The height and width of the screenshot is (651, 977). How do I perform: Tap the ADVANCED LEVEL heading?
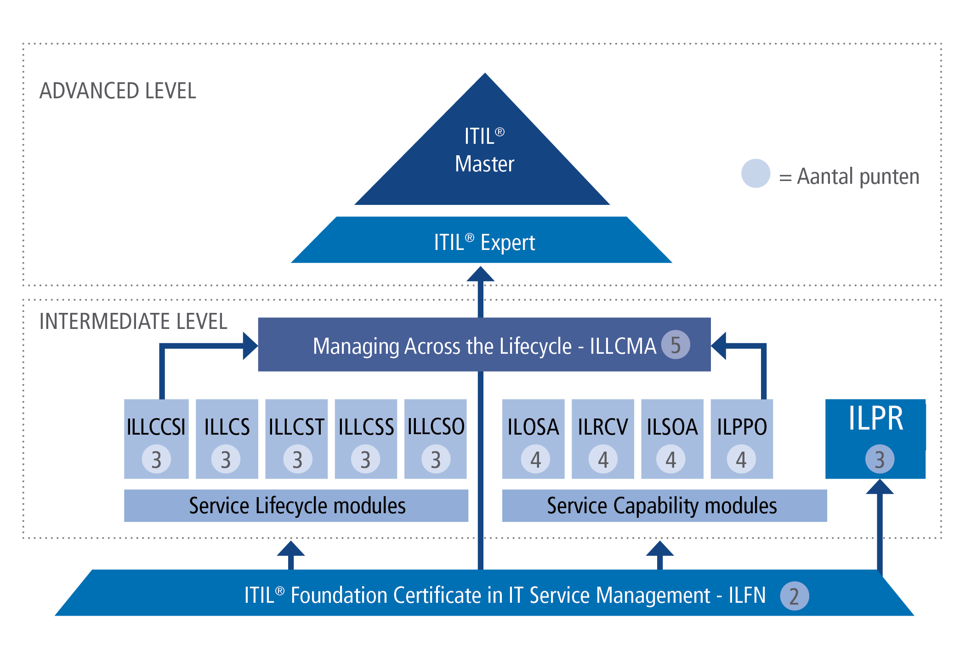118,91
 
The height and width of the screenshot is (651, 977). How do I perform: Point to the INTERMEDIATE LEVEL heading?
133,321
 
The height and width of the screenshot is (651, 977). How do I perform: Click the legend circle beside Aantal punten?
755,174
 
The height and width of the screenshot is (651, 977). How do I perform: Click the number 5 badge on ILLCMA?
675,345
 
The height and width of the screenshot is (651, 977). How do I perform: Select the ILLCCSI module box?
156,439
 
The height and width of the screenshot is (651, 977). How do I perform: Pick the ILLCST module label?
296,427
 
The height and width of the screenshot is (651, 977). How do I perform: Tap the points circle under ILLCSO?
436,459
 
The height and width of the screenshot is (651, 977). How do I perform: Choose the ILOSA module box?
533,439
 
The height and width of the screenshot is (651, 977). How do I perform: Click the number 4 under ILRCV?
603,459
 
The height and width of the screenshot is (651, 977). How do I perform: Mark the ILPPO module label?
742,427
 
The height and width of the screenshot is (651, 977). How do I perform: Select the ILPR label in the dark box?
875,419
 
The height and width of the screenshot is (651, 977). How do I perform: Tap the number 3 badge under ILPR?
880,459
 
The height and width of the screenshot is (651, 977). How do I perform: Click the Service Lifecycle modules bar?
296,505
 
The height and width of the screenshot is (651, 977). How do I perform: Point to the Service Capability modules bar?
664,505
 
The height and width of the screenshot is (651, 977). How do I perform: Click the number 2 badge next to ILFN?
794,596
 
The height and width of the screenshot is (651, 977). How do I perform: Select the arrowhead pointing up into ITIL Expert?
480,274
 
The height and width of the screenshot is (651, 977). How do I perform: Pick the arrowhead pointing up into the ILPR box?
880,487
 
